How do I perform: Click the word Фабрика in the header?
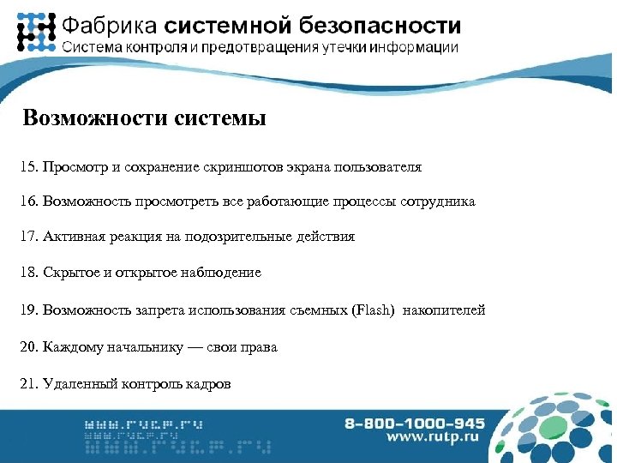click(x=107, y=26)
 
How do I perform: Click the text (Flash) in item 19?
click(x=373, y=310)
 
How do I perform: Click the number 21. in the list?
click(x=27, y=383)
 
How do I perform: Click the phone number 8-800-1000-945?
click(x=415, y=423)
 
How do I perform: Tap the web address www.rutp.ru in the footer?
click(x=435, y=438)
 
